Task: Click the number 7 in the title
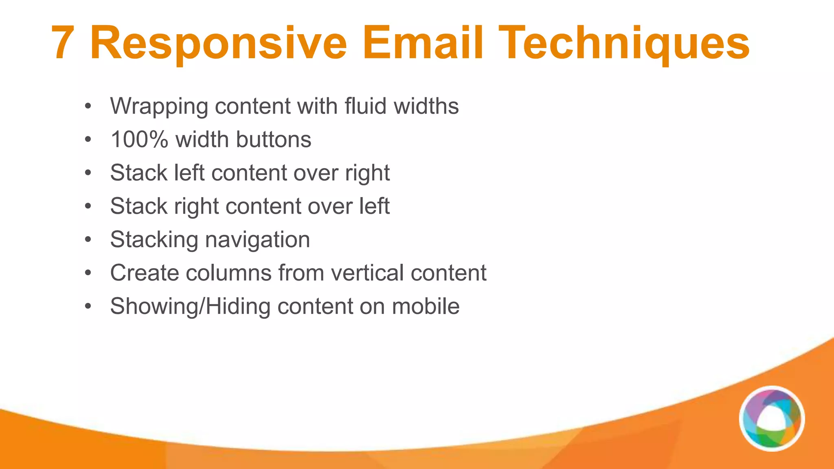(63, 43)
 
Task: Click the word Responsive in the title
(218, 43)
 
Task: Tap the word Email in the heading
(423, 43)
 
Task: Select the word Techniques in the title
(623, 43)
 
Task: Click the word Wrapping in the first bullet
(159, 107)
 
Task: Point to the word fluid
(365, 106)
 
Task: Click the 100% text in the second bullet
(139, 140)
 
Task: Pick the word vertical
(367, 273)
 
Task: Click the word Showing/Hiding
(190, 306)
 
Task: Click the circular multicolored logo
(772, 419)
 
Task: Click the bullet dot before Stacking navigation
(88, 240)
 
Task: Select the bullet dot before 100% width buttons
(88, 140)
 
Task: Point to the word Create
(144, 273)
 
